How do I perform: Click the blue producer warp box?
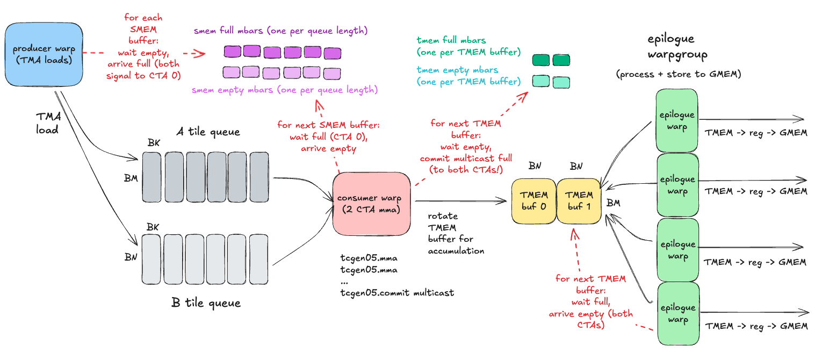pos(44,55)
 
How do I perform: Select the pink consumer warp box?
pos(371,204)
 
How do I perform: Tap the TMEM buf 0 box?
pos(533,201)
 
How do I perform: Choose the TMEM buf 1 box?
pos(579,201)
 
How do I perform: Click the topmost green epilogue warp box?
pos(677,120)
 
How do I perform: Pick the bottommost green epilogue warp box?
pos(678,314)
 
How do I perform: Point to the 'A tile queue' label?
pos(208,132)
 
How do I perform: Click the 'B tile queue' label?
pos(206,303)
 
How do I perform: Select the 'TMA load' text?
pos(48,123)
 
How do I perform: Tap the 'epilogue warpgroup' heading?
pos(677,47)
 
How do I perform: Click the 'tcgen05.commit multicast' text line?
pos(397,293)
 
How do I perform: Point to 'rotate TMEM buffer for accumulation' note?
pos(456,233)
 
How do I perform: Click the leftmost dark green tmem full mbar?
pos(540,60)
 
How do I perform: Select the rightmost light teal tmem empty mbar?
pos(561,82)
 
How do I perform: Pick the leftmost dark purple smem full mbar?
pos(232,52)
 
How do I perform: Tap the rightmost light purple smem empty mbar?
pos(332,74)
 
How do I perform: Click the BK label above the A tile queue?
pos(154,143)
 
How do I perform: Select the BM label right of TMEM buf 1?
pos(613,203)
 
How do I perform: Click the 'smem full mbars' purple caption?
pos(280,31)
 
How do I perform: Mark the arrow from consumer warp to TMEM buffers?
pos(460,201)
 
